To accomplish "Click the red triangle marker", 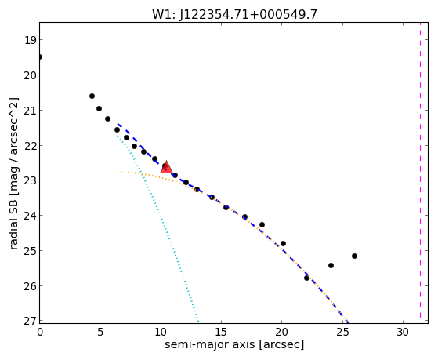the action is tap(166, 167).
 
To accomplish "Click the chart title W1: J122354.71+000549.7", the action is tap(234, 15).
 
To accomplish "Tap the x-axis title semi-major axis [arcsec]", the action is tap(234, 344).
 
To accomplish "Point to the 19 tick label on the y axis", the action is tap(30, 40).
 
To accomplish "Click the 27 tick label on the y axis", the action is tap(30, 321).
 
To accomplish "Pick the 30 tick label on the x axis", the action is tap(403, 332).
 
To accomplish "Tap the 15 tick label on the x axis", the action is tap(221, 332).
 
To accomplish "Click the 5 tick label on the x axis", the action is tap(100, 332).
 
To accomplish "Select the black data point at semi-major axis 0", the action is tap(40, 57).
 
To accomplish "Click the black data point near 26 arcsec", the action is tap(354, 256).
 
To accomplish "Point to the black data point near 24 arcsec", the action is tap(331, 265).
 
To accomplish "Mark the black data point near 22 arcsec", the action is tap(306, 278).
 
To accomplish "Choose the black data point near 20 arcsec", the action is tap(283, 244).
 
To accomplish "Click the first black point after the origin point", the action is tap(92, 96).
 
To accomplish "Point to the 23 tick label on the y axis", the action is tap(30, 180).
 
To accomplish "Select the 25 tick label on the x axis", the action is tap(342, 332).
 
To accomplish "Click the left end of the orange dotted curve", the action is tap(118, 172).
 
